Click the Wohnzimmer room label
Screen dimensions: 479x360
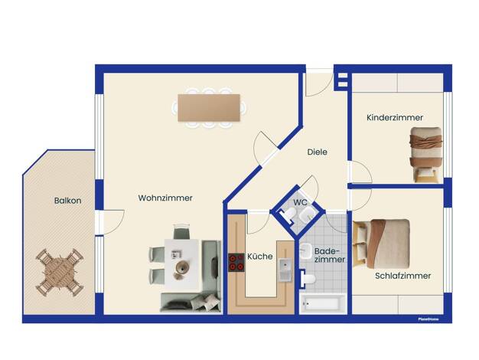pos(165,198)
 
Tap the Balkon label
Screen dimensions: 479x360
pos(67,201)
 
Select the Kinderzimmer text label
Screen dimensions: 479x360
pos(395,117)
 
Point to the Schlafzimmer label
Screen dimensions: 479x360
pos(402,276)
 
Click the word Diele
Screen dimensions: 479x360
pos(317,152)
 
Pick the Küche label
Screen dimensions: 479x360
pos(260,257)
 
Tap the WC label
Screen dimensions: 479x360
pos(300,202)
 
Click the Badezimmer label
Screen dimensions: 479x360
pos(330,255)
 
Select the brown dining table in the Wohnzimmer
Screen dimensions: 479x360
pos(209,108)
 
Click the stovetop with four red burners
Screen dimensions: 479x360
pos(236,263)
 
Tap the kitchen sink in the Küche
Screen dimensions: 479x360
pos(285,270)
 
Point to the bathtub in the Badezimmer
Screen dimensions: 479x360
pos(323,304)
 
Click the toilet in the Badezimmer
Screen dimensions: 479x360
pos(308,279)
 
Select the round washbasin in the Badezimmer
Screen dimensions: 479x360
pos(305,251)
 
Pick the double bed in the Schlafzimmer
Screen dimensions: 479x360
pos(381,244)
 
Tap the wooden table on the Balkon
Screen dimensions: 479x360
pos(60,273)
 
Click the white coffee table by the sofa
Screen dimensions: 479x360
pos(182,264)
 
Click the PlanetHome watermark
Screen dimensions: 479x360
pos(428,319)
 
